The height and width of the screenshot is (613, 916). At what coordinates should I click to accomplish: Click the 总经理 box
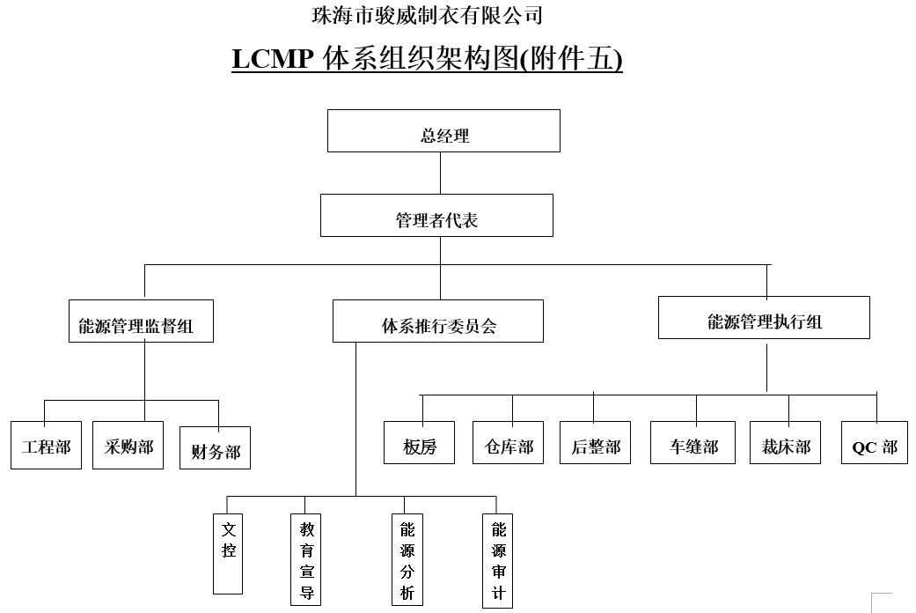pyautogui.click(x=443, y=131)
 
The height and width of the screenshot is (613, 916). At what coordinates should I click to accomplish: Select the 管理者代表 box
pyautogui.click(x=436, y=216)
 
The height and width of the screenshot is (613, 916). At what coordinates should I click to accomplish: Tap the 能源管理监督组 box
pyautogui.click(x=141, y=321)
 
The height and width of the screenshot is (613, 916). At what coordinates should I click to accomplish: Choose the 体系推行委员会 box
pyautogui.click(x=437, y=321)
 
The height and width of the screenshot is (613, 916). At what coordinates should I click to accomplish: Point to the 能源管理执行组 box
pyautogui.click(x=764, y=318)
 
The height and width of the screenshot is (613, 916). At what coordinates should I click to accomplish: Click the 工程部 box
pyautogui.click(x=47, y=446)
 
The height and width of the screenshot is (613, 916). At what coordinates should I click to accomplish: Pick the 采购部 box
pyautogui.click(x=128, y=446)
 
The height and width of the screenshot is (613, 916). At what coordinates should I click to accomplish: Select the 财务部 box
pyautogui.click(x=215, y=448)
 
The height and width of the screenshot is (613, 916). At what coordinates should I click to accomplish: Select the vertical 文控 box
pyautogui.click(x=228, y=553)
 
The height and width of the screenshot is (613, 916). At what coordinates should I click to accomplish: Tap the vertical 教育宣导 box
pyautogui.click(x=306, y=559)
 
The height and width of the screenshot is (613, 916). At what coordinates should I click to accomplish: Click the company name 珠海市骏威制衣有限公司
pyautogui.click(x=427, y=15)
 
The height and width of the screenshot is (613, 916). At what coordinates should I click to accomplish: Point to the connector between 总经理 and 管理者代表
pyautogui.click(x=441, y=173)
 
